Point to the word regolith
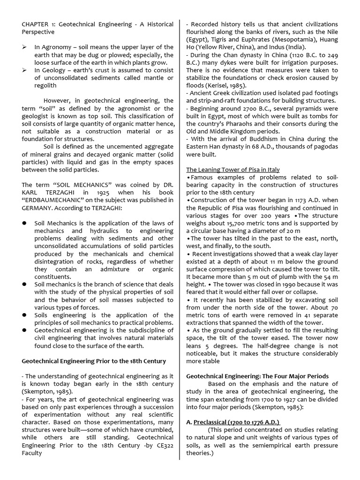click(x=45, y=85)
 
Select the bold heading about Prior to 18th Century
click(x=94, y=361)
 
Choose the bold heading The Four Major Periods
click(x=257, y=376)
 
